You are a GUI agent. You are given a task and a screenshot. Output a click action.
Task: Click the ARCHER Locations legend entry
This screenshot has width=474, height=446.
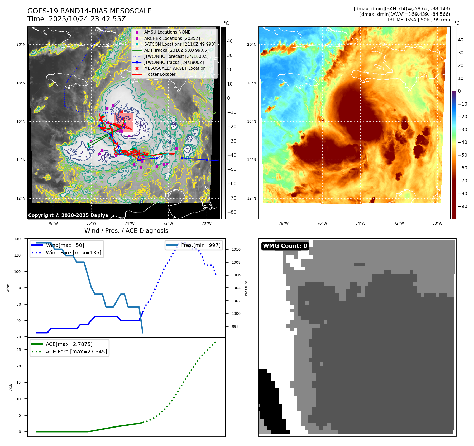172,38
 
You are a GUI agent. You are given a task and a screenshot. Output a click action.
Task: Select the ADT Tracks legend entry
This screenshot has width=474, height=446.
176,50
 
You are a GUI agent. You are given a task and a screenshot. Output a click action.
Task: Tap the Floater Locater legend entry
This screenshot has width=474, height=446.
160,74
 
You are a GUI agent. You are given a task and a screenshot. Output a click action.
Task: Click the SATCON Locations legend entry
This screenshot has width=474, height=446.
180,44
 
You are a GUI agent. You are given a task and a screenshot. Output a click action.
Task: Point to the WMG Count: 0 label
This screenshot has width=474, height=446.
285,246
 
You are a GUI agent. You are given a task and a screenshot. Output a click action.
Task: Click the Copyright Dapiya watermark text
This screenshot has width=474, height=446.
68,215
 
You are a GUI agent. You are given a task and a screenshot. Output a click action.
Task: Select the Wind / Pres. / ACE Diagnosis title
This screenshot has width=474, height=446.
126,231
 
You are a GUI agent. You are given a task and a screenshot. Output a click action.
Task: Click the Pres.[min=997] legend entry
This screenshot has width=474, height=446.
200,245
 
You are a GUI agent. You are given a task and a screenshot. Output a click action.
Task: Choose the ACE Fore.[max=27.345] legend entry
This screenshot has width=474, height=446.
76,352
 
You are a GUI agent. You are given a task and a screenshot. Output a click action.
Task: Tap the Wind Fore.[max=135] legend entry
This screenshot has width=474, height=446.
73,253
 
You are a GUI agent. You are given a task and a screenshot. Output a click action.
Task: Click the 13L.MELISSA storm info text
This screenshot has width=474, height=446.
418,20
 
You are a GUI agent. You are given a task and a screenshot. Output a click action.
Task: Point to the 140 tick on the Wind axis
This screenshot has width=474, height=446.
17,239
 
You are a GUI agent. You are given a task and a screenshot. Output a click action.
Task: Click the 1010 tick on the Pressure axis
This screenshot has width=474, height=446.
236,249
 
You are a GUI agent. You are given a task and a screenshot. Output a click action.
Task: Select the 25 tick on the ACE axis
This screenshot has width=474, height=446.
19,350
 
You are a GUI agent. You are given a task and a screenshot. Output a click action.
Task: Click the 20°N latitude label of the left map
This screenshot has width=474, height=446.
21,44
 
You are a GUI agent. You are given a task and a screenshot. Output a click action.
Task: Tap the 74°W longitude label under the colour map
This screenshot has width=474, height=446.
360,223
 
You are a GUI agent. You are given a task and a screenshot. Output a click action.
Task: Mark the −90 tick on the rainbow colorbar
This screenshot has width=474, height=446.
462,206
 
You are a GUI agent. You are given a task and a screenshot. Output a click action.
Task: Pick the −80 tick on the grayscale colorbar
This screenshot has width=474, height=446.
232,212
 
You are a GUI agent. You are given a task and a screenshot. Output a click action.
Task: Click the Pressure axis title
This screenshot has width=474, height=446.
246,288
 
